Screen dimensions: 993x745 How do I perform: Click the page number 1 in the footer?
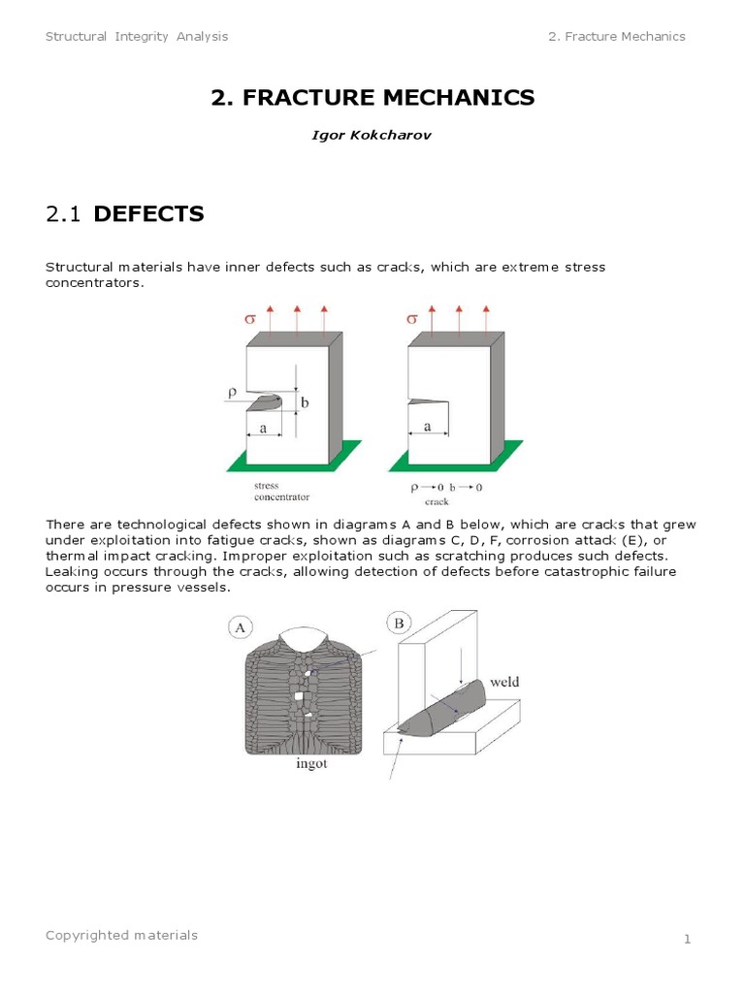click(x=686, y=940)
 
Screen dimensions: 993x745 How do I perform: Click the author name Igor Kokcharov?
click(x=372, y=135)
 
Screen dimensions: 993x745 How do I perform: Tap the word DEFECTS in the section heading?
click(x=148, y=214)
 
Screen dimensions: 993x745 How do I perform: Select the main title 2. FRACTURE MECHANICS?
click(x=372, y=97)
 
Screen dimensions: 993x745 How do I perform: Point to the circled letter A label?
click(x=239, y=627)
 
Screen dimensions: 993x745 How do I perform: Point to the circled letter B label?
click(x=399, y=621)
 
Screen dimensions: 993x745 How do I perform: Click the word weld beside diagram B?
click(x=503, y=682)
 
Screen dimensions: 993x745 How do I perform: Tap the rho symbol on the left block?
click(x=233, y=392)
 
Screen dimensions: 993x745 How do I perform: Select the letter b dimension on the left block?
click(x=305, y=401)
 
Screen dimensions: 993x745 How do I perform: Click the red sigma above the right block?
click(x=410, y=318)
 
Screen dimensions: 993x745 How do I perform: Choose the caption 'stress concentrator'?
click(x=281, y=491)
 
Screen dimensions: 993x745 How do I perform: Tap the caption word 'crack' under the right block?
click(x=438, y=502)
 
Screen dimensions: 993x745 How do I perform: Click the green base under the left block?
click(x=291, y=459)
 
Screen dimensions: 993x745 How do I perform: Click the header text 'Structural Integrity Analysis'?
click(x=137, y=37)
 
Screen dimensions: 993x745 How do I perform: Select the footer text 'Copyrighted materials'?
click(x=121, y=935)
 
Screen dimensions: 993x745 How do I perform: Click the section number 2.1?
click(x=64, y=214)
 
